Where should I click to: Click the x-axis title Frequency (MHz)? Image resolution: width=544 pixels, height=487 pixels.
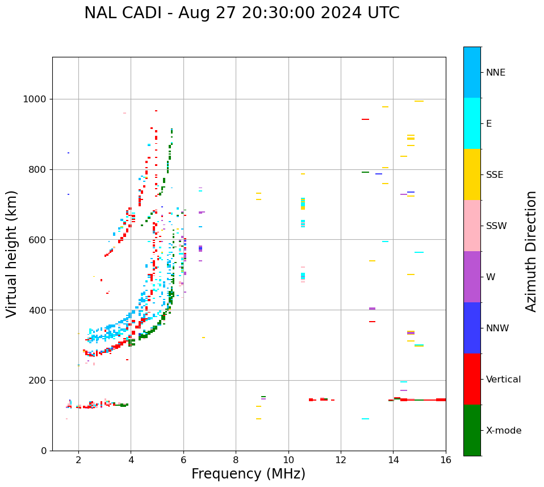click(248, 474)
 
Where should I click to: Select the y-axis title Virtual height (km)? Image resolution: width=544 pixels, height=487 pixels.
click(12, 254)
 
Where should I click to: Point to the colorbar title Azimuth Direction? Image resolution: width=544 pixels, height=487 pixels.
click(531, 251)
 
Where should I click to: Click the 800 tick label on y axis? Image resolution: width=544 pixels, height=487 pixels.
click(37, 169)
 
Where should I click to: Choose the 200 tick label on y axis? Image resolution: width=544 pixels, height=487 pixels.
click(37, 380)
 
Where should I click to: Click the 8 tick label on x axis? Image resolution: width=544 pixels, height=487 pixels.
click(236, 459)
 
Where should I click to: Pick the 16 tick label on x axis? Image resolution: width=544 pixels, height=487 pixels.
click(446, 459)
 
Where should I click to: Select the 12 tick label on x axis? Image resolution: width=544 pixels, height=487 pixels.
click(341, 459)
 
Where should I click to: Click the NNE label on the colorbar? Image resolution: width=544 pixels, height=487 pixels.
click(496, 73)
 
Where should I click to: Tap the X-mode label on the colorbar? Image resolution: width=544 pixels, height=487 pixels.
click(504, 431)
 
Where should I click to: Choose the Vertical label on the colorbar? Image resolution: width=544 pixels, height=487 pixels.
click(503, 380)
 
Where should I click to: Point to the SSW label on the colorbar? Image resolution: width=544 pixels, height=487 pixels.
click(496, 226)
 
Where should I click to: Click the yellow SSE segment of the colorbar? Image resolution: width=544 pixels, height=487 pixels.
click(472, 174)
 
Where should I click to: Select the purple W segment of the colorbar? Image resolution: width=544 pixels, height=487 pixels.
click(472, 277)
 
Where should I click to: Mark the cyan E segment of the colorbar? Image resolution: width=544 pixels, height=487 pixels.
click(472, 123)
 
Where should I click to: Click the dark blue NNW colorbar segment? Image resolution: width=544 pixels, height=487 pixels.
click(472, 328)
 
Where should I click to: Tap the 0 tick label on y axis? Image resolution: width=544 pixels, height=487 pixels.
click(45, 451)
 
